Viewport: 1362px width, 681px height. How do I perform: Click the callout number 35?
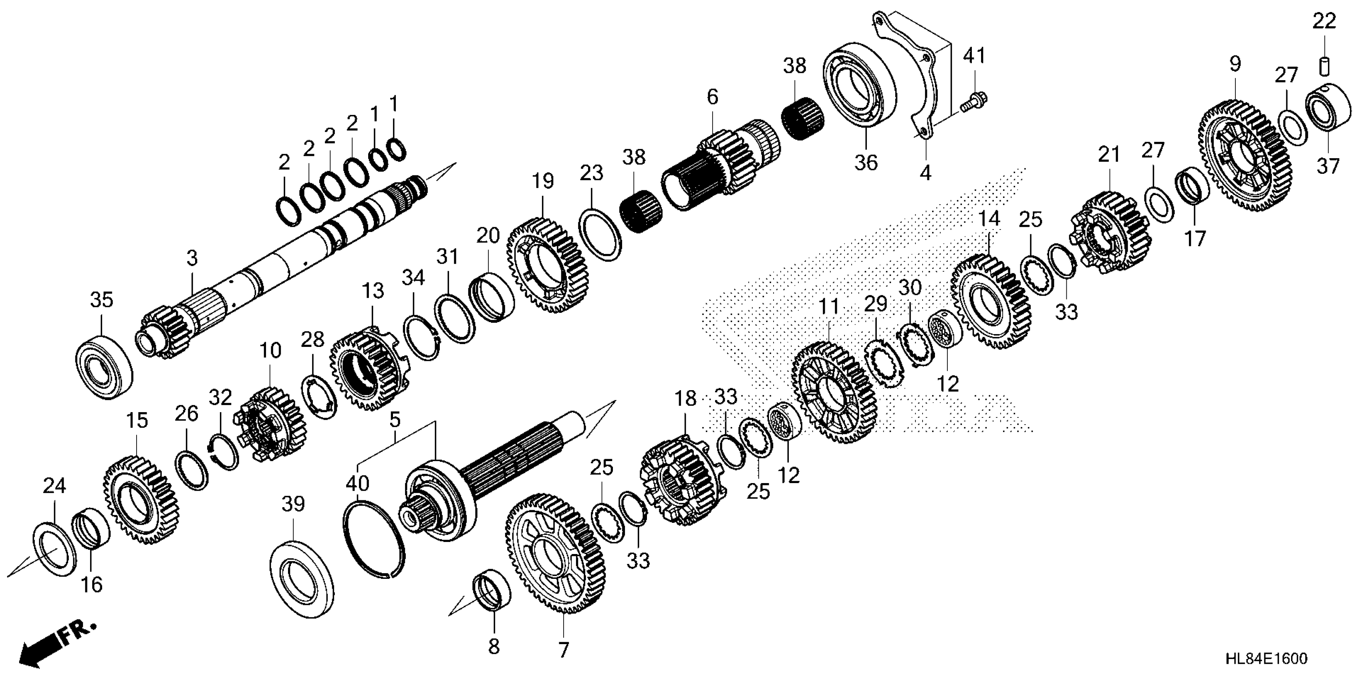click(x=101, y=300)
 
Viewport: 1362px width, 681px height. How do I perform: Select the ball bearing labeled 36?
click(x=859, y=89)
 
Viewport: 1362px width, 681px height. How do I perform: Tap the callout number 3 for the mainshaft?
click(x=192, y=258)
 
